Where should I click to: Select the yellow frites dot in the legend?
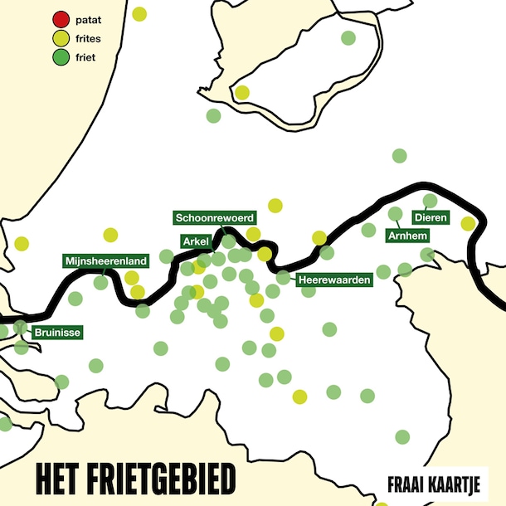(x=61, y=39)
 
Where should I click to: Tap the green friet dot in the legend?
(x=61, y=58)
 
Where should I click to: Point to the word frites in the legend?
(x=88, y=39)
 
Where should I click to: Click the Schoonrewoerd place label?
(x=214, y=217)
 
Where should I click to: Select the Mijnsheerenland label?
(x=105, y=261)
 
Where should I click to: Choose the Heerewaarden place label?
(x=333, y=280)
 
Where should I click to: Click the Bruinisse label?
(x=57, y=334)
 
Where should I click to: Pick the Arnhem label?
(x=407, y=236)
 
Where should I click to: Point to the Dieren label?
(x=431, y=218)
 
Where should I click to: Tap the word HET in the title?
(x=56, y=479)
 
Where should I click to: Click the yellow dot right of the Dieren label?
(x=468, y=223)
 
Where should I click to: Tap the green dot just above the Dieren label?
(x=430, y=201)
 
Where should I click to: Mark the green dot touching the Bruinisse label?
(x=21, y=328)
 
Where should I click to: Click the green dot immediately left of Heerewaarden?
(x=283, y=277)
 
